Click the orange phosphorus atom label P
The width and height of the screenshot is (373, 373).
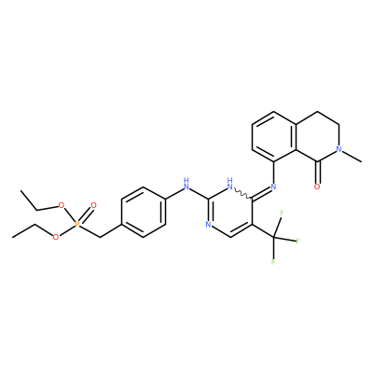pyautogui.click(x=77, y=224)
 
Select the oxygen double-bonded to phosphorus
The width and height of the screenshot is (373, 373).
pyautogui.click(x=93, y=205)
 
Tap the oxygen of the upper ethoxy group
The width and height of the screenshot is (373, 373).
pyautogui.click(x=62, y=205)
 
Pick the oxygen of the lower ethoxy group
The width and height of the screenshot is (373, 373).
pyautogui.click(x=56, y=237)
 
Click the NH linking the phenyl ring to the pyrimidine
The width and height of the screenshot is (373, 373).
pyautogui.click(x=186, y=184)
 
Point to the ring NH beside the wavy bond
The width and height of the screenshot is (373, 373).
pyautogui.click(x=230, y=184)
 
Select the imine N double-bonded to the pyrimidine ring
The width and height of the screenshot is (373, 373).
pyautogui.click(x=273, y=186)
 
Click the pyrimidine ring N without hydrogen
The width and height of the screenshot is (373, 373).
pyautogui.click(x=208, y=225)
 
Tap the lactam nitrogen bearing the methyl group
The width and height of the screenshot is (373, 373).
pyautogui.click(x=339, y=149)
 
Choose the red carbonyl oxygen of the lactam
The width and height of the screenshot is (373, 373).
pyautogui.click(x=317, y=186)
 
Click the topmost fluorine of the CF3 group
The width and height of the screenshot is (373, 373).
pyautogui.click(x=283, y=214)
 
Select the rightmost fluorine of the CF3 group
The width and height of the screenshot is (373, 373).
pyautogui.click(x=297, y=242)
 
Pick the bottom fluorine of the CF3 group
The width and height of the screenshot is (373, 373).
pyautogui.click(x=273, y=261)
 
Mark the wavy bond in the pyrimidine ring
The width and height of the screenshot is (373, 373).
pyautogui.click(x=242, y=193)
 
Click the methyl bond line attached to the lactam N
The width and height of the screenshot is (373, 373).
pyautogui.click(x=352, y=157)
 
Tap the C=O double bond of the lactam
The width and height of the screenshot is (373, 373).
pyautogui.click(x=317, y=172)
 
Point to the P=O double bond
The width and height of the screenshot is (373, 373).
pyautogui.click(x=86, y=214)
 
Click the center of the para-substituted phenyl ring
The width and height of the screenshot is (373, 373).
pyautogui.click(x=144, y=212)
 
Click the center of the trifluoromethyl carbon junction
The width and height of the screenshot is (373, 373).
pyautogui.click(x=273, y=238)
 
